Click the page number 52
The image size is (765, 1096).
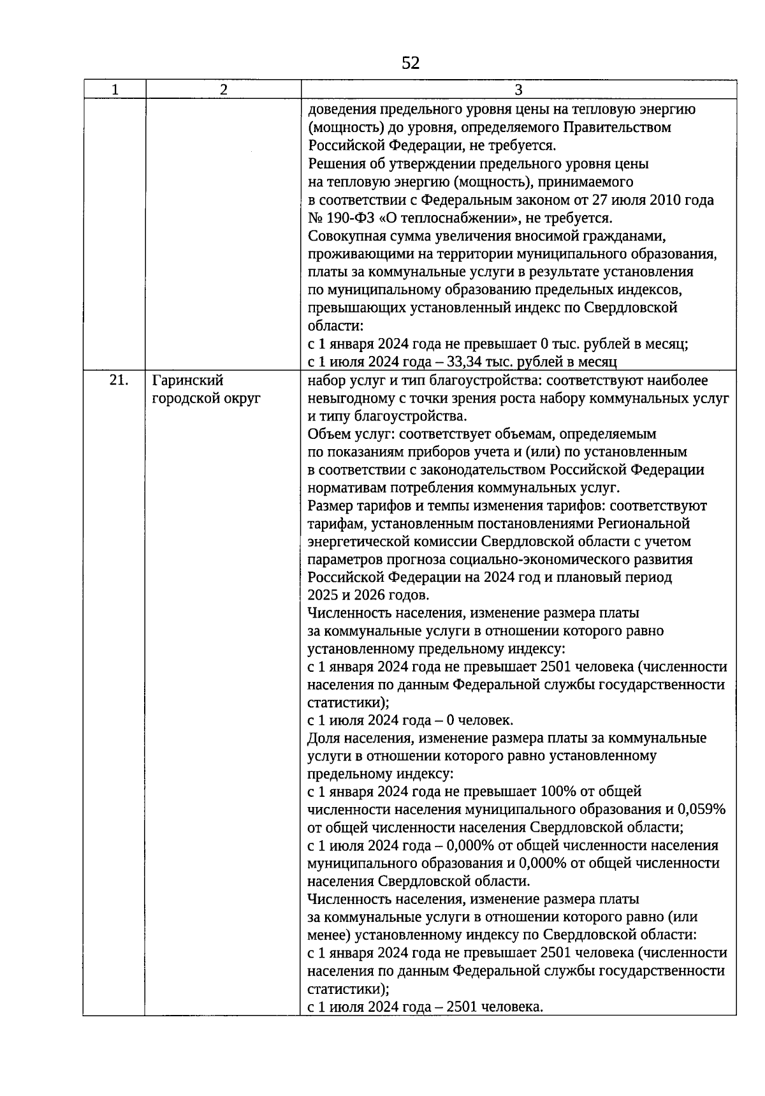point(411,63)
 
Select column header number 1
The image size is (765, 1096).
point(115,89)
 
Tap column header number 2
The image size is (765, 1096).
point(223,89)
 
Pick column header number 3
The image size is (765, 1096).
point(518,89)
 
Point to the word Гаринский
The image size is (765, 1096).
point(188,380)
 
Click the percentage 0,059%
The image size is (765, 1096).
point(701,810)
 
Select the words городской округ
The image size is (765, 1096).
point(207,399)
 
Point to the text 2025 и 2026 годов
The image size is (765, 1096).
point(368,595)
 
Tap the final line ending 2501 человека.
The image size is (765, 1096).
point(425,1007)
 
